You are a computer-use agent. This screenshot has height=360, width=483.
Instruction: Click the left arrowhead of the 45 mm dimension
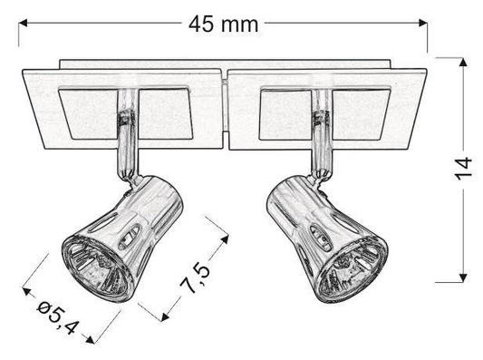click(x=24, y=26)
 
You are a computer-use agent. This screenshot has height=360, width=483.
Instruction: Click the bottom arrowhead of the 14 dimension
click(x=462, y=274)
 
